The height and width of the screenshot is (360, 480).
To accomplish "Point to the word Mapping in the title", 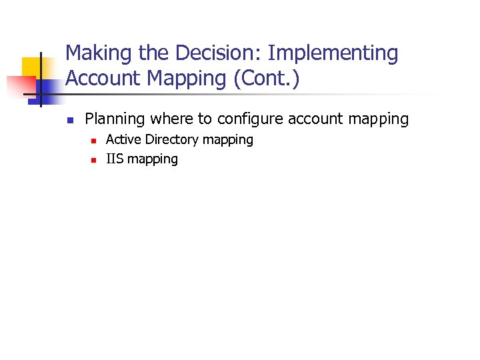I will pyautogui.click(x=186, y=79).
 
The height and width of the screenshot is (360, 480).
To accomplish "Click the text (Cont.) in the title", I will pyautogui.click(x=266, y=79).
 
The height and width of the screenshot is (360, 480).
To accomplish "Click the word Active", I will pyautogui.click(x=124, y=140).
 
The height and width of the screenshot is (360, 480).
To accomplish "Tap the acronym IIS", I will pyautogui.click(x=115, y=159).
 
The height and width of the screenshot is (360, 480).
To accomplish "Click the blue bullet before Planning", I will pyautogui.click(x=69, y=121).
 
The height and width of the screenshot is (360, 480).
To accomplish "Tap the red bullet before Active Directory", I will pyautogui.click(x=93, y=141).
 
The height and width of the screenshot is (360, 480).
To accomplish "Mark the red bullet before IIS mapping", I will pyautogui.click(x=93, y=160).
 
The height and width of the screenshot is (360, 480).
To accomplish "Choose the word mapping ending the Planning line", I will pyautogui.click(x=380, y=119).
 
